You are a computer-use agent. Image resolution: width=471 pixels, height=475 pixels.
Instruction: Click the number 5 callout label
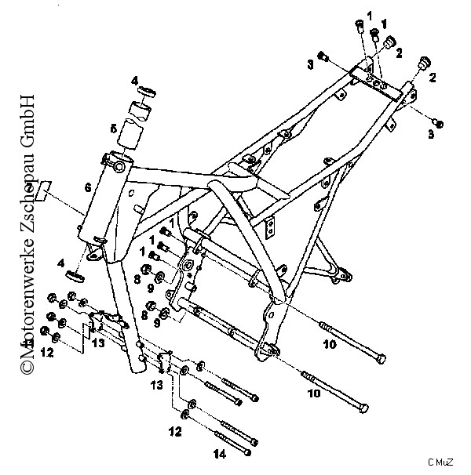pyautogui.click(x=113, y=129)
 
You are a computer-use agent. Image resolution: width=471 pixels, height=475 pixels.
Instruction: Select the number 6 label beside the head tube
pyautogui.click(x=88, y=188)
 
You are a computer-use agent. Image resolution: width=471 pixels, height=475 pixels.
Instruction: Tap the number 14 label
pyautogui.click(x=220, y=454)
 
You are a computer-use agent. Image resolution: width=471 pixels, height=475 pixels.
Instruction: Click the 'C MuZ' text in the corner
pyautogui.click(x=440, y=462)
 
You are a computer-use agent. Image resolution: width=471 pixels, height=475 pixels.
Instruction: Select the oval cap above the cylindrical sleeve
pyautogui.click(x=147, y=91)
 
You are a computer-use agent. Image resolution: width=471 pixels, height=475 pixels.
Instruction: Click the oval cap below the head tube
pyautogui.click(x=75, y=276)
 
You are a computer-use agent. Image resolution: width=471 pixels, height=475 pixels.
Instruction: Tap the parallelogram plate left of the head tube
pyautogui.click(x=43, y=190)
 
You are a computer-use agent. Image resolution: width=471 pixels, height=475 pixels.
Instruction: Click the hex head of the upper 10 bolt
pyautogui.click(x=381, y=359)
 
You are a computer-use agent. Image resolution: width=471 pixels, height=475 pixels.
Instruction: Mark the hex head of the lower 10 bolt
pyautogui.click(x=363, y=408)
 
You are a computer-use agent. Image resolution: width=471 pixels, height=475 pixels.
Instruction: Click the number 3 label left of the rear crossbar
pyautogui.click(x=310, y=64)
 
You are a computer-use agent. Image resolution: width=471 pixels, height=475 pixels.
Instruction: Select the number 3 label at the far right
pyautogui.click(x=431, y=134)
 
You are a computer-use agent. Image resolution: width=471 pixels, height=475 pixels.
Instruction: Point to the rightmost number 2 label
pyautogui.click(x=433, y=78)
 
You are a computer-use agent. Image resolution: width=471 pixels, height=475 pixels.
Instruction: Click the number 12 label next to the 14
pyautogui.click(x=175, y=432)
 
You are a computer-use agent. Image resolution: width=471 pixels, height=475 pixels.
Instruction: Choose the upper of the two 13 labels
pyautogui.click(x=98, y=343)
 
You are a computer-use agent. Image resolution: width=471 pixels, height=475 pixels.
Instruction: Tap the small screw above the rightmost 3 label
pyautogui.click(x=439, y=123)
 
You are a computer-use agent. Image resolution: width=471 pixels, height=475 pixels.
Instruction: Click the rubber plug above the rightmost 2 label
pyautogui.click(x=425, y=63)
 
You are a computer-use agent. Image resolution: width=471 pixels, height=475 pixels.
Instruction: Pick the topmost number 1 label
pyautogui.click(x=369, y=16)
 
